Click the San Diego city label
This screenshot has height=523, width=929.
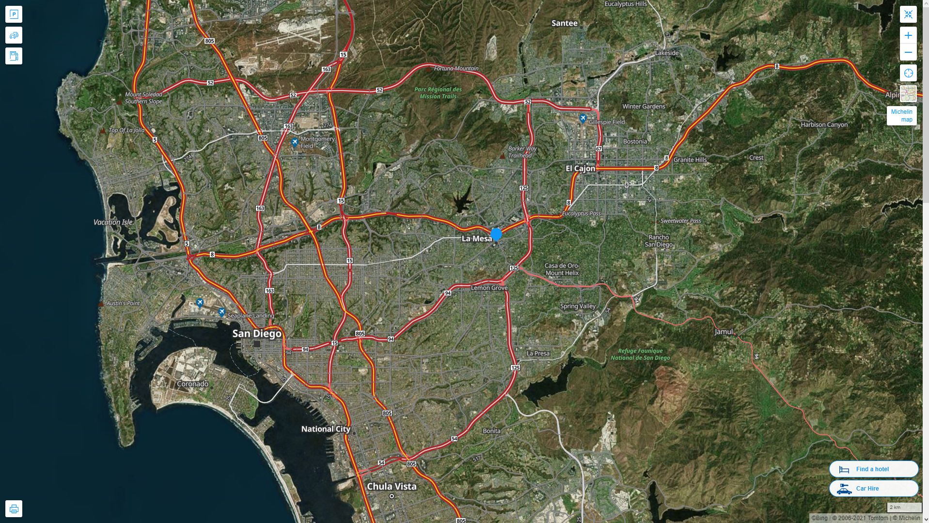[x=256, y=334]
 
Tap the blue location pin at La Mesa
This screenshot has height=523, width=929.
[x=496, y=235]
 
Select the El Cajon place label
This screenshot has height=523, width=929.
[x=580, y=169]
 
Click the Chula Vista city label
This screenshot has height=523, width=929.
[x=392, y=486]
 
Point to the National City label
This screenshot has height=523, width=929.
[x=325, y=429]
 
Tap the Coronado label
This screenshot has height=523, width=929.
[x=192, y=384]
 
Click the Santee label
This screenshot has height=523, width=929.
[x=565, y=23]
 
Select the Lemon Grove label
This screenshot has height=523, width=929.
[x=489, y=288]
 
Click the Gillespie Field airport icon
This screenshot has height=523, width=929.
[x=583, y=118]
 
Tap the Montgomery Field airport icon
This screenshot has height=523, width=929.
[x=295, y=142]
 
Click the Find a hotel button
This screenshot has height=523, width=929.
[x=873, y=469]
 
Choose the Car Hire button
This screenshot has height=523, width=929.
[x=873, y=488]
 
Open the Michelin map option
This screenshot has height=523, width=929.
[x=901, y=115]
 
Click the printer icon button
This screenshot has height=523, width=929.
[x=14, y=508]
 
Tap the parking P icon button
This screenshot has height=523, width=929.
[x=14, y=15]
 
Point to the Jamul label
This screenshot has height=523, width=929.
[x=724, y=332]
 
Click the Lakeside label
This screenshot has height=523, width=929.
[x=667, y=53]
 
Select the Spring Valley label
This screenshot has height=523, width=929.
[x=578, y=306]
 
